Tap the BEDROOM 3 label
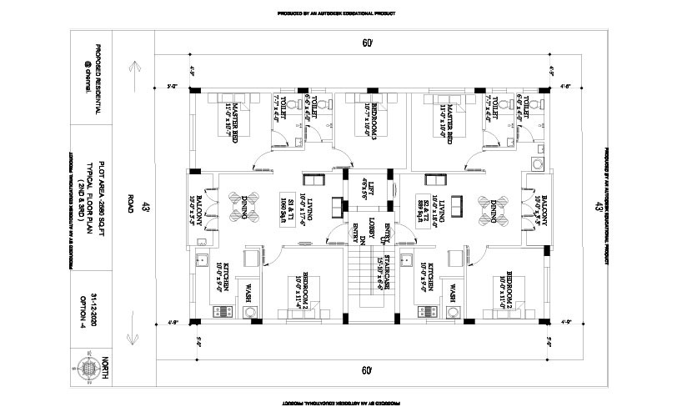(x=368, y=116)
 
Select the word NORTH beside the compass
(x=104, y=369)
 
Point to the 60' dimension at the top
(x=368, y=43)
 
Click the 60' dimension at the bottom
(x=367, y=369)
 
